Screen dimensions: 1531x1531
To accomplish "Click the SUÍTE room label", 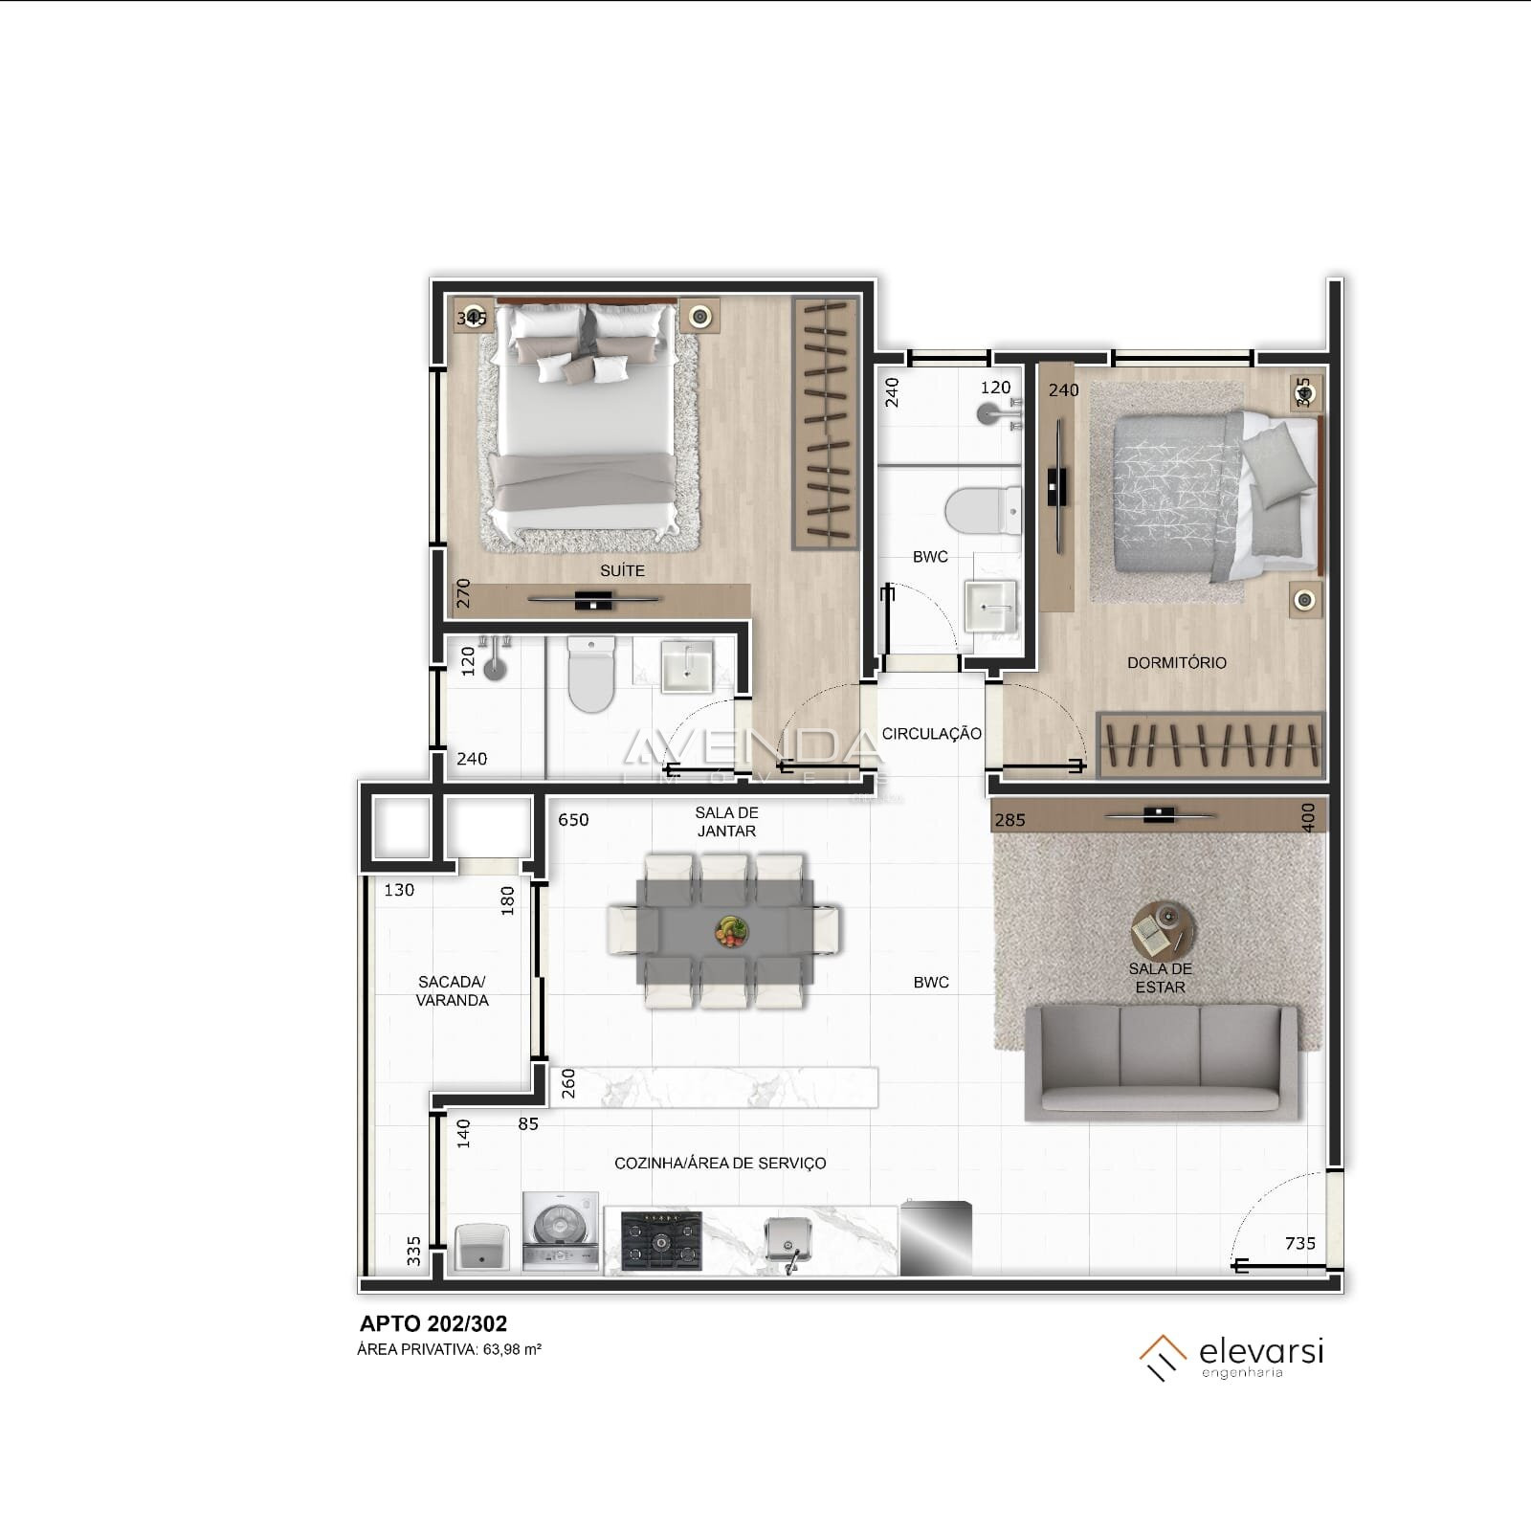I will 622,570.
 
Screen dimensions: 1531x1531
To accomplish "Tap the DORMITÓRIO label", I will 1176,662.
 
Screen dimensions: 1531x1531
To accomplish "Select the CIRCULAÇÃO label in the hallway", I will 931,734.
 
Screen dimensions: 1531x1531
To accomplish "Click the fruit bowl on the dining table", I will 732,930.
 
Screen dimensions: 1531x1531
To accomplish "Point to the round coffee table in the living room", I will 1163,928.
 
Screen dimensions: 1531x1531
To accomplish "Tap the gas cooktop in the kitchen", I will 661,1242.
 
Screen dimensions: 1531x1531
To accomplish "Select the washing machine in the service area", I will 561,1232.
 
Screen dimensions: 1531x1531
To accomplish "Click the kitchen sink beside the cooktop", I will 788,1241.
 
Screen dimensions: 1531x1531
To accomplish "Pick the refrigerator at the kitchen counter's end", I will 935,1237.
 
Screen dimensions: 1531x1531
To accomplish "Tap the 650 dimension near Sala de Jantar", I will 573,820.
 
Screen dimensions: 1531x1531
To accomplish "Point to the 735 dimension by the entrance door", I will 1300,1243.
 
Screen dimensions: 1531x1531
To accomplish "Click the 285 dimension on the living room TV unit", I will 1010,820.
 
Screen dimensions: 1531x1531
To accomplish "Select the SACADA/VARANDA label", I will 452,991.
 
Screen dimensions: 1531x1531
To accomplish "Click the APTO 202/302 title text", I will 433,1323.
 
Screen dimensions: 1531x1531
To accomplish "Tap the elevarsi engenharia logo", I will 1232,1357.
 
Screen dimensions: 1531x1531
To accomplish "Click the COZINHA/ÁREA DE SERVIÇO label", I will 720,1163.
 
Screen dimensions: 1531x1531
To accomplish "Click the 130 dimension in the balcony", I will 399,890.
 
